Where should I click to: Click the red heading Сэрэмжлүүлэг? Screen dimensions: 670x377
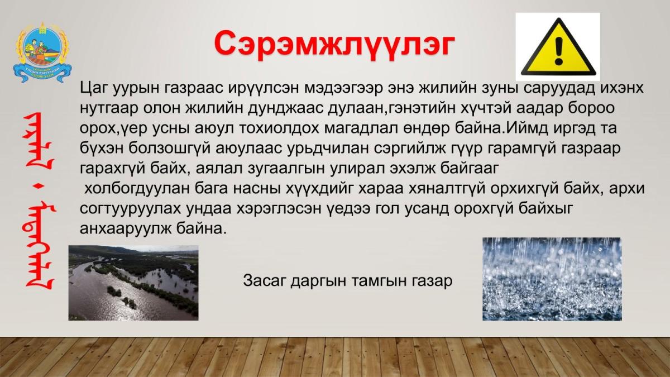(x=334, y=44)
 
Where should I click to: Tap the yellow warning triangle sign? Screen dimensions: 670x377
(x=558, y=47)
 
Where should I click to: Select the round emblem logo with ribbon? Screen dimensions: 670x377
(x=42, y=53)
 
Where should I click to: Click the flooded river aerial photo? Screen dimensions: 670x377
(x=133, y=283)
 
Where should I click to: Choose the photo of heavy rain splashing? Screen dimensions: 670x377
(x=552, y=279)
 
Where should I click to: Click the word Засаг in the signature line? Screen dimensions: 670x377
(x=265, y=280)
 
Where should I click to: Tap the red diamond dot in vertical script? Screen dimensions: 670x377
(x=40, y=187)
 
